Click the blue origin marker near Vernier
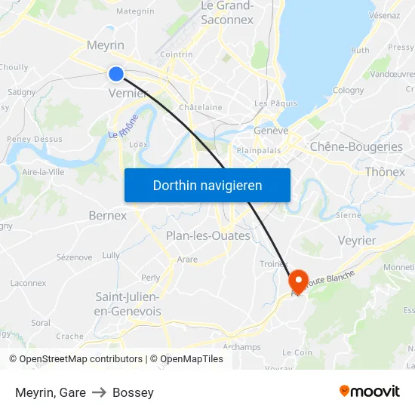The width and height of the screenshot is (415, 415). pyautogui.click(x=115, y=73)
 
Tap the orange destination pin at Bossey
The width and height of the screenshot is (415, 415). pyautogui.click(x=298, y=281)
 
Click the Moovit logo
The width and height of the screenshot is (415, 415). pyautogui.click(x=370, y=392)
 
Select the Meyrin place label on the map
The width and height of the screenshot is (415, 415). pyautogui.click(x=106, y=45)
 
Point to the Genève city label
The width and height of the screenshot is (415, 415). pyautogui.click(x=272, y=131)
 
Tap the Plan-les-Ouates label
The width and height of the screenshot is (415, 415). pyautogui.click(x=207, y=236)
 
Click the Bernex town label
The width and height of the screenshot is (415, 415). pyautogui.click(x=107, y=216)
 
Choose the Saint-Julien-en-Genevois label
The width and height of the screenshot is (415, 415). pyautogui.click(x=128, y=304)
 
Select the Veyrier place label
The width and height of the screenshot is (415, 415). pyautogui.click(x=357, y=240)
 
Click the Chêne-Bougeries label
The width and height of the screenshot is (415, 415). pyautogui.click(x=356, y=147)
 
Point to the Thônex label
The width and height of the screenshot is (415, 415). pyautogui.click(x=385, y=172)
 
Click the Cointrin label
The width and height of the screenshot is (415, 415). pyautogui.click(x=177, y=54)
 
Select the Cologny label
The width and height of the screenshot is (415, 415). pyautogui.click(x=348, y=91)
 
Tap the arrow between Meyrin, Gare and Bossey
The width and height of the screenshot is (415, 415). pyautogui.click(x=99, y=392)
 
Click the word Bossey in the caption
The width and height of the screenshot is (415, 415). pyautogui.click(x=133, y=392)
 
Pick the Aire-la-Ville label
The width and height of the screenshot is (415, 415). pyautogui.click(x=42, y=172)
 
